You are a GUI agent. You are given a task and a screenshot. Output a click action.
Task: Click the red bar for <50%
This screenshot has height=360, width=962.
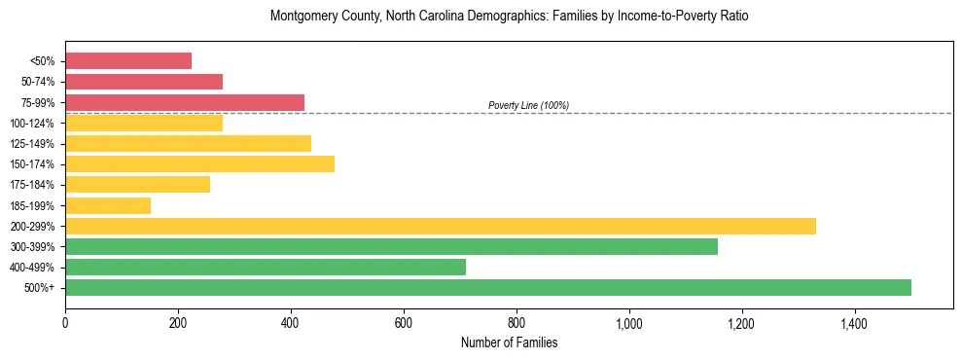point(128,60)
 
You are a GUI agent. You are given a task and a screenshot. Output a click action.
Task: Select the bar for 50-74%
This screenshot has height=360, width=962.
point(144,82)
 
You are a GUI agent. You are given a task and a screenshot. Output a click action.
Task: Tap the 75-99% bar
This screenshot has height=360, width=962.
point(185,102)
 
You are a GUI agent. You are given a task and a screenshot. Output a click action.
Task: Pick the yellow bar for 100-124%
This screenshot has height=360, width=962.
point(144,123)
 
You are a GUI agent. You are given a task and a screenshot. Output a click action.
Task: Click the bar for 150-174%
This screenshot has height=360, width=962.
point(199,163)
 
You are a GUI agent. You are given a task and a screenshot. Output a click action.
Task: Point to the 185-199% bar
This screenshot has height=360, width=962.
point(108,205)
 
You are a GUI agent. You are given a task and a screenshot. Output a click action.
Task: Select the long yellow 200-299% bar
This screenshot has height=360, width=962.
point(441,226)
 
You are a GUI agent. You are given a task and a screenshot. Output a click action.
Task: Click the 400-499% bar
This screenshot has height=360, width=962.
point(266,267)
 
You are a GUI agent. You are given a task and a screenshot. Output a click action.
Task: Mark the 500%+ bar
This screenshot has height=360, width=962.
point(488,287)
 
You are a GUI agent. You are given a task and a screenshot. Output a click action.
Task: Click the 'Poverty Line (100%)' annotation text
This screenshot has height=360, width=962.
point(528,105)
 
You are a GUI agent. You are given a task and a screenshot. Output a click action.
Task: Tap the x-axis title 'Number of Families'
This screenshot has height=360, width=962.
point(509,342)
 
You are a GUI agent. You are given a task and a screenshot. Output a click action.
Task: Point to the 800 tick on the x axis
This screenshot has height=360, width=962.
point(517,322)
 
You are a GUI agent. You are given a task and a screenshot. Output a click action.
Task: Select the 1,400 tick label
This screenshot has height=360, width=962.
point(854,322)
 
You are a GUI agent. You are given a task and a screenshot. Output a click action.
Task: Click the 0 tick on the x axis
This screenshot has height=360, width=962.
point(65,322)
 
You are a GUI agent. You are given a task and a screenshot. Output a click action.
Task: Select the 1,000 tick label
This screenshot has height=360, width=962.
point(629,322)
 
